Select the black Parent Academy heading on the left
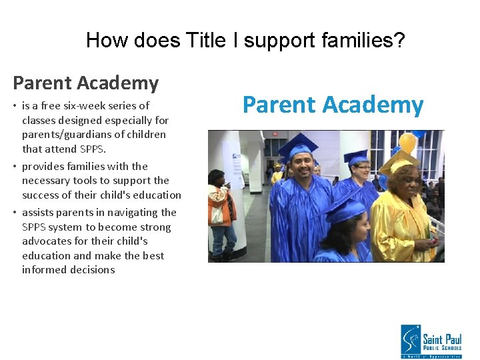85,83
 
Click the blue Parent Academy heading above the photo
333,105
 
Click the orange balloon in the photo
407,142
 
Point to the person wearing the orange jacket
220,207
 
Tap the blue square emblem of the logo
410,340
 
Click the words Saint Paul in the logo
440,331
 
